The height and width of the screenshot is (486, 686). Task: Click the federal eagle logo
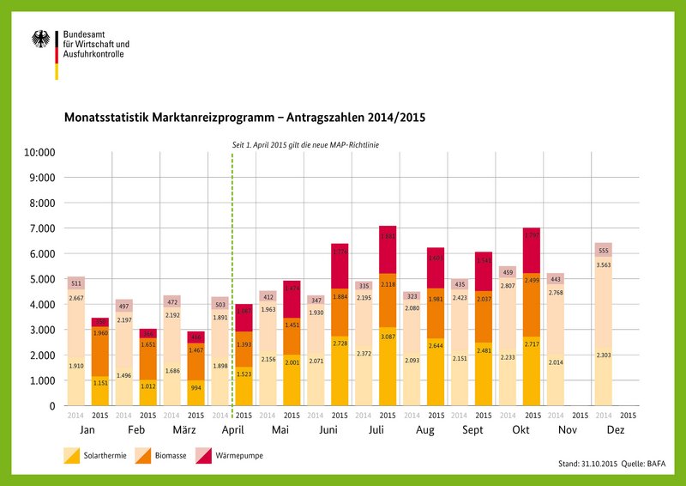(x=40, y=39)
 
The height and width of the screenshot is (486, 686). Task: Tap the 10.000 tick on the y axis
(x=38, y=153)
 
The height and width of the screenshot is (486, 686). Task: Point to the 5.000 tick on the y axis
(x=40, y=279)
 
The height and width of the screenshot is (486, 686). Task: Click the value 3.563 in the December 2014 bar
(x=604, y=266)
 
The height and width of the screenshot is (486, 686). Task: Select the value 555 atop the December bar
(x=604, y=250)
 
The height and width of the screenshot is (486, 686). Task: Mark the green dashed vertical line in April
(x=232, y=283)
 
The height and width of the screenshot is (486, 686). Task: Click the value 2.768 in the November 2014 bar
(x=556, y=294)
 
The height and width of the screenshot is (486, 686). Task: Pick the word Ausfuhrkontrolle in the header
(x=93, y=54)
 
